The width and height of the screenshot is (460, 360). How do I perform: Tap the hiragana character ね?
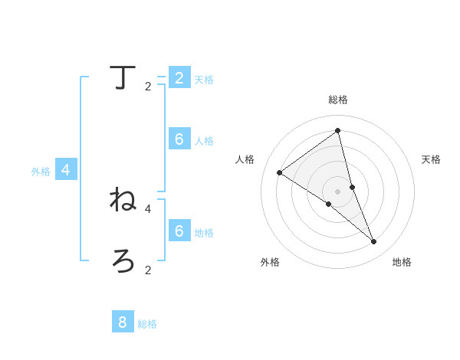pyautogui.click(x=123, y=199)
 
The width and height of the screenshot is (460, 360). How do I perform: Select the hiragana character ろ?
pyautogui.click(x=123, y=260)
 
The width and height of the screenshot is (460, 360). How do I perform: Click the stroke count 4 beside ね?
pyautogui.click(x=148, y=208)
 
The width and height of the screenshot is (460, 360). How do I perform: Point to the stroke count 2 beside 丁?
pyautogui.click(x=148, y=87)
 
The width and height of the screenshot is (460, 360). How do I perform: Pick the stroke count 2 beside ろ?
pyautogui.click(x=148, y=270)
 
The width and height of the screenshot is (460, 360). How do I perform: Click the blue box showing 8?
pyautogui.click(x=123, y=322)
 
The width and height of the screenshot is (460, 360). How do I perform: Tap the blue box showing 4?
pyautogui.click(x=66, y=170)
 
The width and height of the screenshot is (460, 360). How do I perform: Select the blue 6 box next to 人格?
pyautogui.click(x=179, y=139)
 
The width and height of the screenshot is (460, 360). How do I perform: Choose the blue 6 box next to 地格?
pyautogui.click(x=179, y=231)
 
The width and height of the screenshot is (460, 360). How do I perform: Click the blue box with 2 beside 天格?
pyautogui.click(x=179, y=77)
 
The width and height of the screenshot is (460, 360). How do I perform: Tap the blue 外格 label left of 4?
pyautogui.click(x=41, y=172)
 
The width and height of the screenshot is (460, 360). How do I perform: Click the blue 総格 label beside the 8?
pyautogui.click(x=147, y=324)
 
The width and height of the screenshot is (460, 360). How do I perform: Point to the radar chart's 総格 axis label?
pyautogui.click(x=338, y=100)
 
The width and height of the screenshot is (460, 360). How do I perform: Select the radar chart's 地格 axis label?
pyautogui.click(x=402, y=262)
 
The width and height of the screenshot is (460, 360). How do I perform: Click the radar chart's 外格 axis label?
pyautogui.click(x=270, y=262)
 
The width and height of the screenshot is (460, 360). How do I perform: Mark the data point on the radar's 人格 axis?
pyautogui.click(x=279, y=172)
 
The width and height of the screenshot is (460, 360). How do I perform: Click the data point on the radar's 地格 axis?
pyautogui.click(x=374, y=241)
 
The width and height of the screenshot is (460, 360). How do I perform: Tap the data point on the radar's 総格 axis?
pyautogui.click(x=337, y=130)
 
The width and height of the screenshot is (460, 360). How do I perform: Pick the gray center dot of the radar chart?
pyautogui.click(x=337, y=191)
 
